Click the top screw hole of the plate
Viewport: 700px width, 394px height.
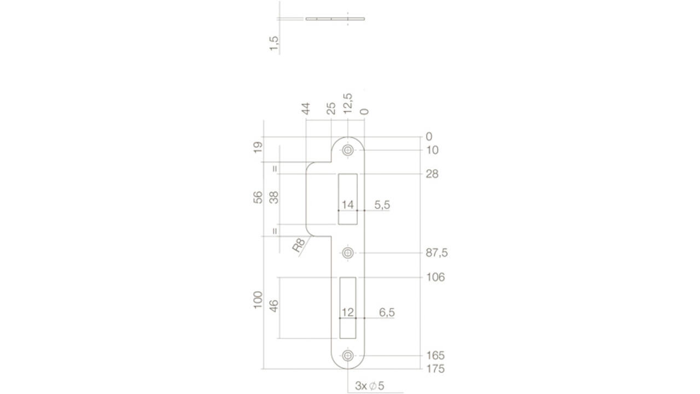tap(348, 150)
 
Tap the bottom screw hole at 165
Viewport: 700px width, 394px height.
tap(348, 356)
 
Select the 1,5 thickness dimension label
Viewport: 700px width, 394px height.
tap(274, 43)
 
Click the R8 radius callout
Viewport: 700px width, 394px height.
tap(299, 245)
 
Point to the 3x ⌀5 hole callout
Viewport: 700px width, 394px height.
tap(369, 386)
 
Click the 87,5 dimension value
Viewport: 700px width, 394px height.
tap(436, 253)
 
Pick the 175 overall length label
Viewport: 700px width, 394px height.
tap(435, 369)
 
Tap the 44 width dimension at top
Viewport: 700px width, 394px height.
tap(306, 108)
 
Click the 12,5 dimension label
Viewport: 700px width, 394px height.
tap(347, 103)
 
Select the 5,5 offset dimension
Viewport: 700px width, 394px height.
tap(382, 205)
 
